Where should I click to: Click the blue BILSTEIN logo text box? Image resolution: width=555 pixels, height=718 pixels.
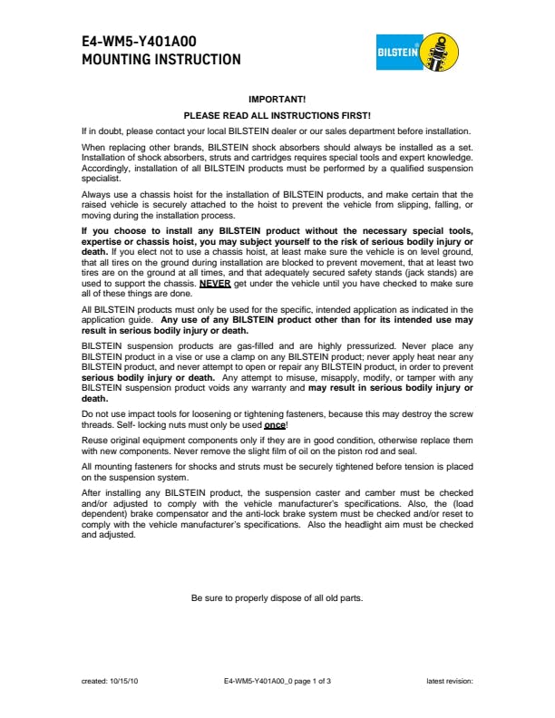pyautogui.click(x=397, y=53)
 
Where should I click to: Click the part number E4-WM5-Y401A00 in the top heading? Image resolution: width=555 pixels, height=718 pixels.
pyautogui.click(x=139, y=42)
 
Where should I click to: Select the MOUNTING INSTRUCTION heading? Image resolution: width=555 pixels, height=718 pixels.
pyautogui.click(x=161, y=60)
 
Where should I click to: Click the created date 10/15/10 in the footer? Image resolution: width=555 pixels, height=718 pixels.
pyautogui.click(x=123, y=680)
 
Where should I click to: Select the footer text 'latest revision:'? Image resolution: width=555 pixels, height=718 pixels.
pyautogui.click(x=450, y=680)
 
